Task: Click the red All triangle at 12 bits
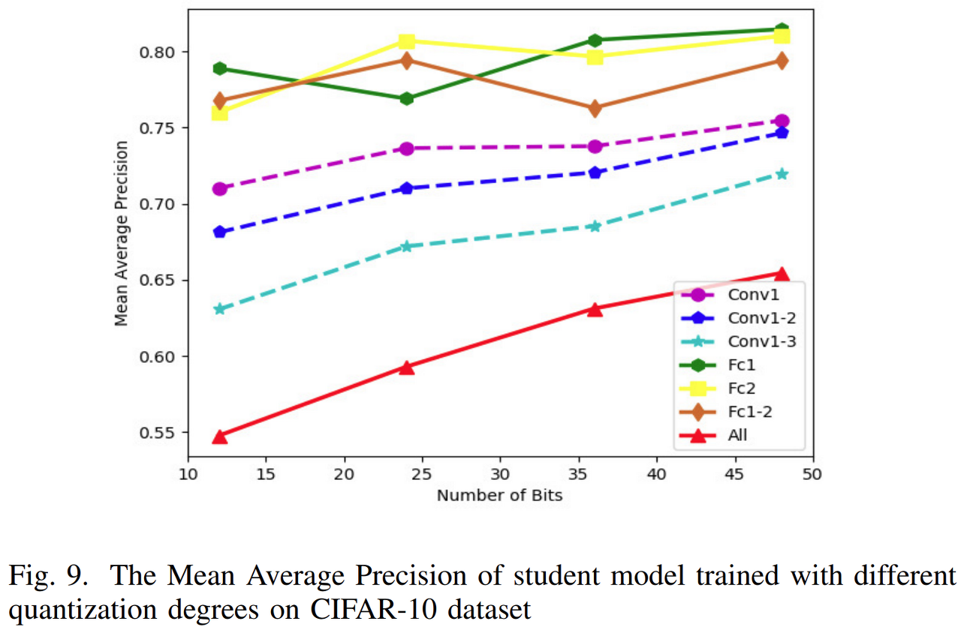pos(219,436)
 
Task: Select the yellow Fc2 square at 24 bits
pos(407,41)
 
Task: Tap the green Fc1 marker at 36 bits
pos(595,40)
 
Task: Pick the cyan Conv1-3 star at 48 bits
pos(782,174)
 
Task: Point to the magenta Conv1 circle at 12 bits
pos(219,188)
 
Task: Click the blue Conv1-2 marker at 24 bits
pos(407,188)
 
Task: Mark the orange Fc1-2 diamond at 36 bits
pos(595,109)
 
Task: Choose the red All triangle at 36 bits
pos(595,309)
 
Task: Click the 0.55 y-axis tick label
pos(158,433)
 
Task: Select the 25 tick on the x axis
pos(423,474)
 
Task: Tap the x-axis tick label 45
pos(735,474)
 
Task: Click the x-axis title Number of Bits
pos(499,495)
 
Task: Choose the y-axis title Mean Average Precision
pos(121,233)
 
